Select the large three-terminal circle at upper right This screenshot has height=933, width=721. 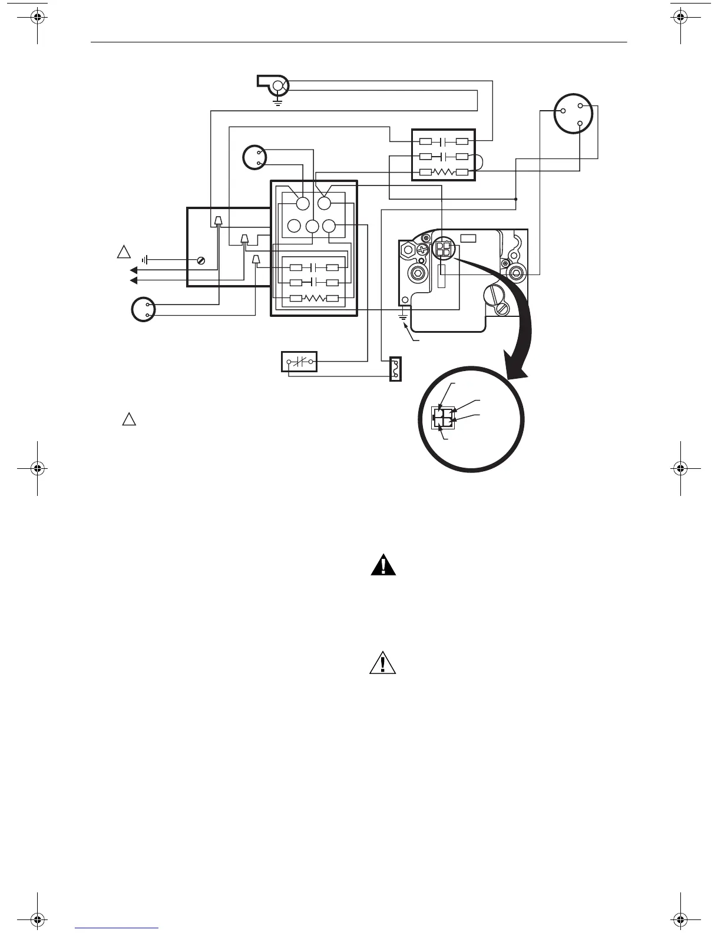click(x=572, y=114)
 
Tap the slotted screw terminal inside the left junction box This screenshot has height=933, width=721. click(x=201, y=260)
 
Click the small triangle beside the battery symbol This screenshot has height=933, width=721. click(x=124, y=253)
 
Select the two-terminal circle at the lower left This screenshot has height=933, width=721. click(x=143, y=310)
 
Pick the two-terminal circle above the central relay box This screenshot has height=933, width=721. click(x=255, y=157)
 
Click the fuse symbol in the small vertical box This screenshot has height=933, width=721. click(x=396, y=369)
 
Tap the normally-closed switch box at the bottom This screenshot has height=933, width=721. click(x=299, y=362)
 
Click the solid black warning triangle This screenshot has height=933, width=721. click(x=383, y=566)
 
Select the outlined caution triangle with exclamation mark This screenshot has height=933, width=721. click(x=383, y=664)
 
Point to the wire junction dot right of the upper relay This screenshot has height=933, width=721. click(x=516, y=199)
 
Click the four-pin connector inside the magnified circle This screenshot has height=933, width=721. click(x=443, y=415)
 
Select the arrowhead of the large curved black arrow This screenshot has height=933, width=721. click(x=517, y=368)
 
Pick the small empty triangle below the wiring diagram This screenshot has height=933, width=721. click(x=129, y=419)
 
